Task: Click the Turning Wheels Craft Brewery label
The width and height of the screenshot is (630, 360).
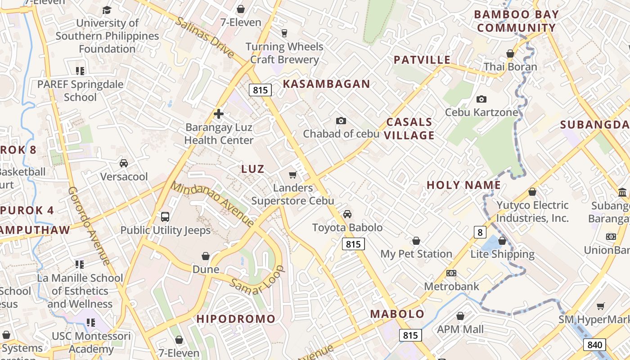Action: tap(284, 53)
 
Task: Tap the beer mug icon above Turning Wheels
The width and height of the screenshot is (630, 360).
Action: tap(284, 33)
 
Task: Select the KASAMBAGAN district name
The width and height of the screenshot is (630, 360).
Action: tap(326, 84)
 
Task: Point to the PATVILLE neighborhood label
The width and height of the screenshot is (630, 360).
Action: tap(422, 60)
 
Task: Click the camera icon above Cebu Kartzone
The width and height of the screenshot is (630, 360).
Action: tap(481, 99)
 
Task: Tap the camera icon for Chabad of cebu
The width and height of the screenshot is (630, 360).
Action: tap(341, 121)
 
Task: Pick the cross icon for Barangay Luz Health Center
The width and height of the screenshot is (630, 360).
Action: tap(219, 114)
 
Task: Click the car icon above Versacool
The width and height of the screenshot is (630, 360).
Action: tap(124, 163)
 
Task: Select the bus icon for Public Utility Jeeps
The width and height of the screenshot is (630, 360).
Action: tap(165, 216)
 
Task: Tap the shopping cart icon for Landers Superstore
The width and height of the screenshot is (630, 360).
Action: tap(293, 175)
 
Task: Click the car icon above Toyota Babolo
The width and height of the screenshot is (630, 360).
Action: tap(347, 214)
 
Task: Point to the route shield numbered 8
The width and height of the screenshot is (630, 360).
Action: tap(480, 232)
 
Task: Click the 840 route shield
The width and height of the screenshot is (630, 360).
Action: tap(594, 345)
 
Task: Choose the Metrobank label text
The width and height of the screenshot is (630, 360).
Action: tap(452, 286)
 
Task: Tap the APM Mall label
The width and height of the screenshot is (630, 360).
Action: tap(460, 329)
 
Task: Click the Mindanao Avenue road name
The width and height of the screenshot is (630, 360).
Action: tap(213, 203)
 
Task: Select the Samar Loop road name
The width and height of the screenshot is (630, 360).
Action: tap(258, 280)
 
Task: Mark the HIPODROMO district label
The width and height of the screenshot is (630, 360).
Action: tap(236, 319)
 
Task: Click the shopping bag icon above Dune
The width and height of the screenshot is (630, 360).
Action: tap(206, 256)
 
